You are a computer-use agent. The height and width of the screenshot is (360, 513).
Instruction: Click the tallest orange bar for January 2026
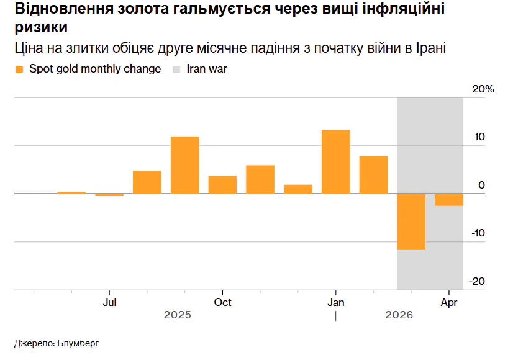click(335, 161)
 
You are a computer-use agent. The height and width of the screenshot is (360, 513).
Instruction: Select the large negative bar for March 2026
click(411, 221)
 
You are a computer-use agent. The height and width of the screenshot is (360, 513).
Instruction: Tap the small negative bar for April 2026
click(448, 199)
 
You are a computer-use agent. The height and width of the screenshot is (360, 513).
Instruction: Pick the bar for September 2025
click(184, 164)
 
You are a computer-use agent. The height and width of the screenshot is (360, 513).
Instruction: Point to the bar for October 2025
click(222, 184)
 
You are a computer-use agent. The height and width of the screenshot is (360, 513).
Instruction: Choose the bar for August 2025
click(147, 182)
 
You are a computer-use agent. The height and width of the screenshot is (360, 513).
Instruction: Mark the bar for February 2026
click(373, 174)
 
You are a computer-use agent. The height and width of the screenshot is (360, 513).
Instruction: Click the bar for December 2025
click(297, 189)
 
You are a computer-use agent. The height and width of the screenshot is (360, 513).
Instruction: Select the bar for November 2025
click(260, 179)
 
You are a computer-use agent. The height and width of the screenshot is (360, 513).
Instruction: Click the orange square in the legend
click(19, 70)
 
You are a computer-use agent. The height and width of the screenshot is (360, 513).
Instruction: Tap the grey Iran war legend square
click(177, 70)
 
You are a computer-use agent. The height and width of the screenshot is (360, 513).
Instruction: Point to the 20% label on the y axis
click(483, 89)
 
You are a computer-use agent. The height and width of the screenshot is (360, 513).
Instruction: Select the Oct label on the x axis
click(222, 302)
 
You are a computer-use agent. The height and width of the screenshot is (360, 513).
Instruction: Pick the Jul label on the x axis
click(109, 302)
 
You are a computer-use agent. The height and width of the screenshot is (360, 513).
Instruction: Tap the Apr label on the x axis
click(449, 302)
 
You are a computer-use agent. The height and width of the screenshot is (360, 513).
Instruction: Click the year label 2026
click(399, 315)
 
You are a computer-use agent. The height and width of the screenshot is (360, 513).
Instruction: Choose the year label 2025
click(178, 315)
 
